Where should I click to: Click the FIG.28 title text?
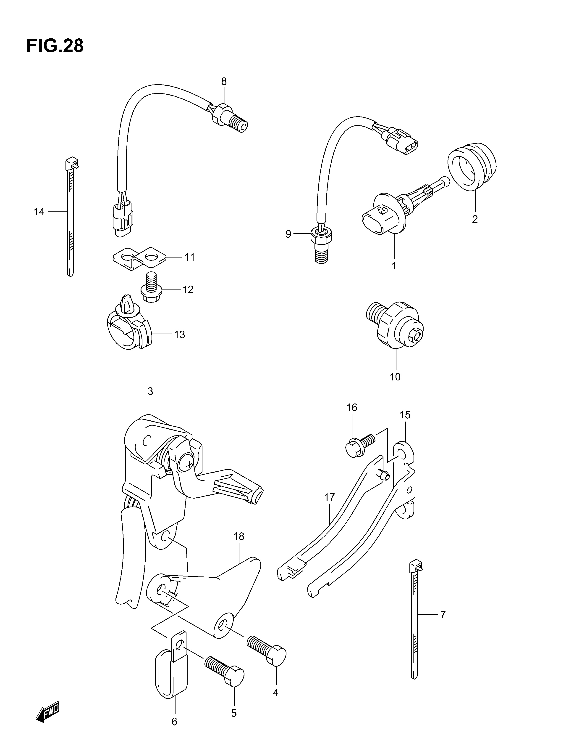coord(55,46)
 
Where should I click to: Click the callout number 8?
coord(224,82)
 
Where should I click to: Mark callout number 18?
coord(239,536)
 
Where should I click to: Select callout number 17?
coord(330,497)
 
